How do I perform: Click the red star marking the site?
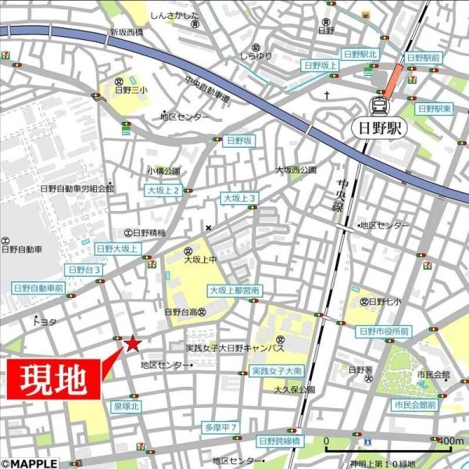(x=133, y=342)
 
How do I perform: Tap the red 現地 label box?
(x=52, y=380)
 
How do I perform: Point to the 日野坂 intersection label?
(x=238, y=141)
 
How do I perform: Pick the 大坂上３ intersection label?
(x=240, y=199)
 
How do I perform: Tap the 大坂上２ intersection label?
(x=163, y=190)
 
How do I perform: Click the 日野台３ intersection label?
(x=84, y=269)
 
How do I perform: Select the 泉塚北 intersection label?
(x=126, y=406)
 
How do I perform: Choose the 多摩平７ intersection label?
(x=220, y=427)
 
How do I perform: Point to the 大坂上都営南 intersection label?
(x=234, y=290)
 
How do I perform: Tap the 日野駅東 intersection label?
(x=435, y=109)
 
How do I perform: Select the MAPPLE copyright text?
(x=30, y=463)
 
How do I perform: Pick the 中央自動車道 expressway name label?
(x=207, y=91)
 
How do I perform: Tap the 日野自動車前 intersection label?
(x=38, y=288)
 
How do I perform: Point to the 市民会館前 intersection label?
(x=415, y=405)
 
